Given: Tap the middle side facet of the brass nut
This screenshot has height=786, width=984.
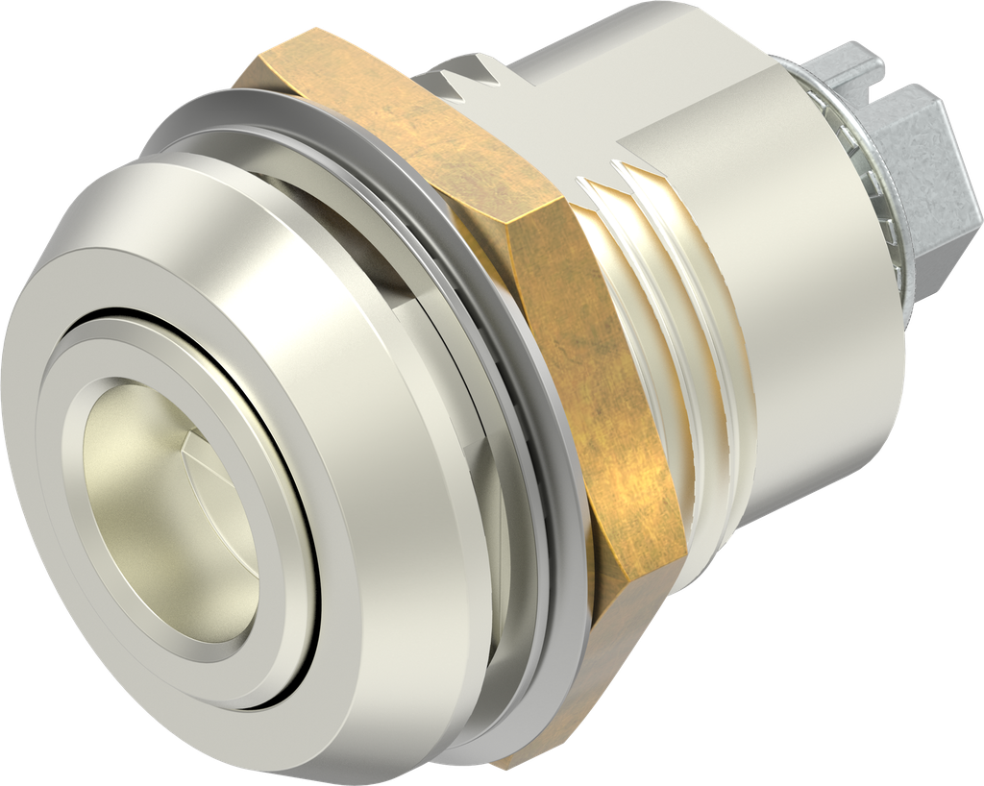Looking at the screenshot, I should point(577,365).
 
